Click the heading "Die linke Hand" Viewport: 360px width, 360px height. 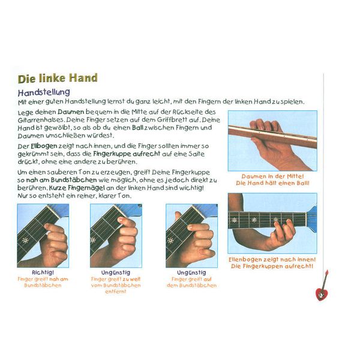(58, 78)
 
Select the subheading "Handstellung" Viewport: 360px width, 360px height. (44, 92)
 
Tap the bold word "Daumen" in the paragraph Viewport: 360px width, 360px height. (71, 112)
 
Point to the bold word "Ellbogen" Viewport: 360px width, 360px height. (44, 146)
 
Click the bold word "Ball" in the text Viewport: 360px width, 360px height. (138, 127)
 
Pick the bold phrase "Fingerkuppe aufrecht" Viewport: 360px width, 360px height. (127, 154)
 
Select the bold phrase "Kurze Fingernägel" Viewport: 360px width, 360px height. (77, 188)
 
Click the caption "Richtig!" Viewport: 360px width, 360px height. (43, 272)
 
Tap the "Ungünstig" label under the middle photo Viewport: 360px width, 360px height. (116, 272)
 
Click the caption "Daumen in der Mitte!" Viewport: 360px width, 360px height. (272, 176)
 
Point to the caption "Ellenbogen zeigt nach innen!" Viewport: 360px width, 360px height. (272, 259)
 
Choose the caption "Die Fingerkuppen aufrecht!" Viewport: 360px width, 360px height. (272, 266)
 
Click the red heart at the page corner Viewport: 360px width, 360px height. (322, 295)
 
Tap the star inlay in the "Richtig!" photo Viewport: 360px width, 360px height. (25, 241)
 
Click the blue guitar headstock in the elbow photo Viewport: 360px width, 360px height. (312, 219)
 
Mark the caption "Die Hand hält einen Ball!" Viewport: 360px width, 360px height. (272, 183)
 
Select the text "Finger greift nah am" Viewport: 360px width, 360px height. (43, 279)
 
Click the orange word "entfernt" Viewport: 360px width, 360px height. (116, 292)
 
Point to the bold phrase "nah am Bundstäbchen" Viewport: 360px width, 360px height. (62, 180)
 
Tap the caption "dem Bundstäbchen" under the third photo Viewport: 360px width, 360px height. (192, 286)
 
